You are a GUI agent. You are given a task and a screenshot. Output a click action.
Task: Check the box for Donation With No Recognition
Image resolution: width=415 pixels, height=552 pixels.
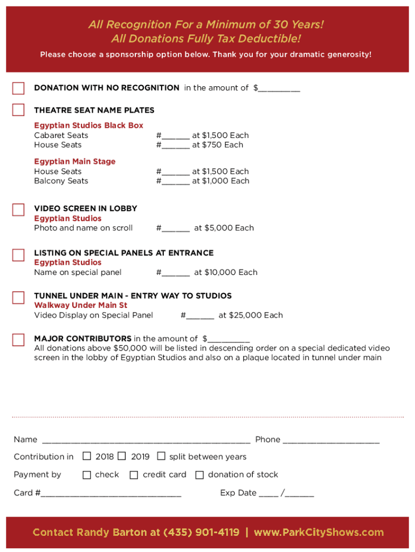click(18, 88)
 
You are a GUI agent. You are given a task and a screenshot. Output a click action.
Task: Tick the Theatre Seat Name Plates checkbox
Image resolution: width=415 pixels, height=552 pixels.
click(18, 110)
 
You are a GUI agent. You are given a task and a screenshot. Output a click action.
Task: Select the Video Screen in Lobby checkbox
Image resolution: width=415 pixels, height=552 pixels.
click(18, 210)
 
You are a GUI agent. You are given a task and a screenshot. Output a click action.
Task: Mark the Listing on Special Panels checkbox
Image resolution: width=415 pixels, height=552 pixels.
click(18, 254)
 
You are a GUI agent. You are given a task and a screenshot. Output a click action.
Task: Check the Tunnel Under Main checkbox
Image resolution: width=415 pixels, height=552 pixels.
click(18, 298)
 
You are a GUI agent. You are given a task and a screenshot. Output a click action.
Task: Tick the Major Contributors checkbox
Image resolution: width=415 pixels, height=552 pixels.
click(18, 340)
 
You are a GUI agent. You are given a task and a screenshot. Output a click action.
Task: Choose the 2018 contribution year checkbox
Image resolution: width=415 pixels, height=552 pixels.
click(87, 457)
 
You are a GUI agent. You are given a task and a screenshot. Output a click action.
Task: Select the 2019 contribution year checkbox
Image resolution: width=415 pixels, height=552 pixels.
click(122, 457)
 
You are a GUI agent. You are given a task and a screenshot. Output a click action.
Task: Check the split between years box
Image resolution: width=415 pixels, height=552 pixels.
click(161, 457)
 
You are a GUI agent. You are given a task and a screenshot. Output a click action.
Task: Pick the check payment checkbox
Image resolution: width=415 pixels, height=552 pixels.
click(87, 475)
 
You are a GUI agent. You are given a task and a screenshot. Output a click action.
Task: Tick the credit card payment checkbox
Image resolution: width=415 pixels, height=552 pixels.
click(134, 475)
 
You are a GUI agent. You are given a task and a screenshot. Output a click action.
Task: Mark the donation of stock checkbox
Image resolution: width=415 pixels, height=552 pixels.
click(199, 475)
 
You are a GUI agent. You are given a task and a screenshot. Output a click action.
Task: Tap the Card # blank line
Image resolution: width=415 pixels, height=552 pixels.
click(111, 493)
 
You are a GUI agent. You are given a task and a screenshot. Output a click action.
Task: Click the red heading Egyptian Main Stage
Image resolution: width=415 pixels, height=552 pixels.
click(75, 162)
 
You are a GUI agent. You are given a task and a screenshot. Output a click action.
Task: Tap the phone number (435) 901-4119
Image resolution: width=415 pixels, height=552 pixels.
click(201, 533)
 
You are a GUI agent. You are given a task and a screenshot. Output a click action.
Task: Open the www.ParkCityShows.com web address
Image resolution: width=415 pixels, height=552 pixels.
click(319, 533)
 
